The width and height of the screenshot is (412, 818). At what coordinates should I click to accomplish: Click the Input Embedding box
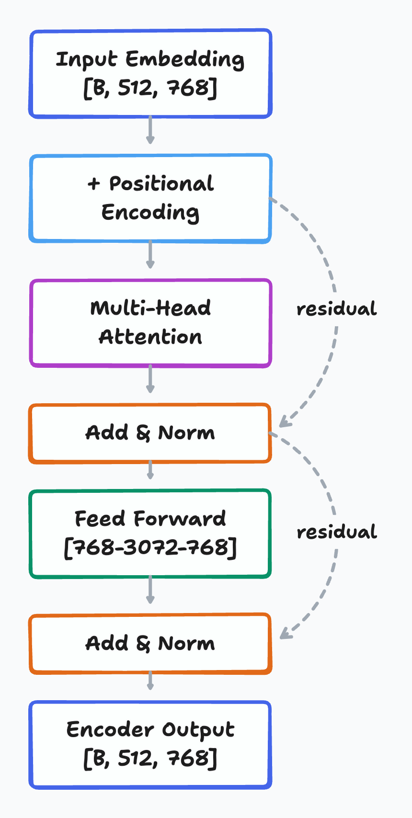point(150,74)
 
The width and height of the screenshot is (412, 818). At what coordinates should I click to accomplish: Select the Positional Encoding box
point(150,198)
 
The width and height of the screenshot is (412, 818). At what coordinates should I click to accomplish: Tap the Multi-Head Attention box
point(150,323)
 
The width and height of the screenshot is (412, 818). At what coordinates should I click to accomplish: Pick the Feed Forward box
point(150,534)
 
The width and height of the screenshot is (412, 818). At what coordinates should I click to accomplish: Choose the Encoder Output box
point(150,745)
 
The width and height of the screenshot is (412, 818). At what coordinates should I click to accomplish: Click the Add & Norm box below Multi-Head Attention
point(150,433)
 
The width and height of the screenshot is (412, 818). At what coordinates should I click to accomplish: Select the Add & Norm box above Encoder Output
point(150,644)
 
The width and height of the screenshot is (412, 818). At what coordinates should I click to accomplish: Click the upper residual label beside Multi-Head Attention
point(336,309)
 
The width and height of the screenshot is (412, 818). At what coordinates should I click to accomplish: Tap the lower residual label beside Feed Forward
point(336,532)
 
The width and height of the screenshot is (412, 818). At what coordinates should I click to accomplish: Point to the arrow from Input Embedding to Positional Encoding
point(150,130)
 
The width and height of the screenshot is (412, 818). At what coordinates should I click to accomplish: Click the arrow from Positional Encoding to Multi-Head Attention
point(150,254)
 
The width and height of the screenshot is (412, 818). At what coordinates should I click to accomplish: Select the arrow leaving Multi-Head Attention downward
point(150,379)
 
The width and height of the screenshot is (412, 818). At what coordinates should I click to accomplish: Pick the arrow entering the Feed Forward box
point(150,470)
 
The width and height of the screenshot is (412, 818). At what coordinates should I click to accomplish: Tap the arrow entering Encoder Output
point(150,681)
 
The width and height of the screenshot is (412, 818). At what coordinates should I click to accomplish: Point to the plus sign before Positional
point(93,184)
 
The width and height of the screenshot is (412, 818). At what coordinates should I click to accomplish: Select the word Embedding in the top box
point(185,59)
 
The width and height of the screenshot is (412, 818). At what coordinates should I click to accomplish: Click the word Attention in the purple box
point(150,337)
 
